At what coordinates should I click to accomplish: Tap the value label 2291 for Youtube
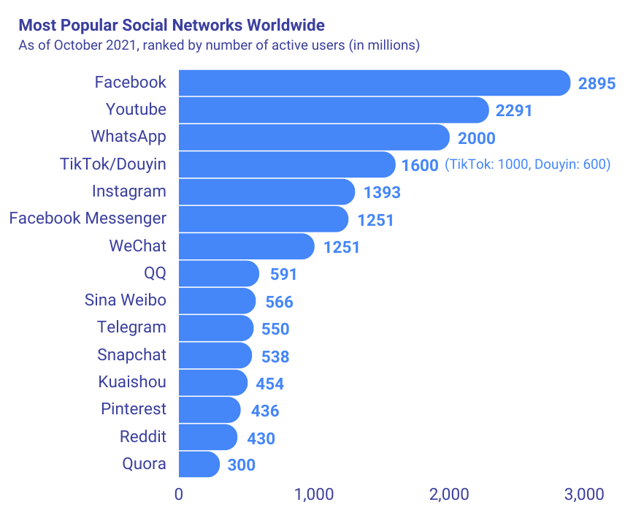(514, 111)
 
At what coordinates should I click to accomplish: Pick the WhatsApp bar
(314, 137)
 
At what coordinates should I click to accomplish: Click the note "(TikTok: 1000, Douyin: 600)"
(527, 164)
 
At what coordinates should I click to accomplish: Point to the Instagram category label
(129, 191)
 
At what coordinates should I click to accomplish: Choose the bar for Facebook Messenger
(263, 218)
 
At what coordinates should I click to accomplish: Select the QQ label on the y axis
(155, 273)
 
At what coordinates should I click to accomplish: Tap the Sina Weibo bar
(217, 300)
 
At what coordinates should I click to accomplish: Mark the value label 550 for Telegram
(275, 329)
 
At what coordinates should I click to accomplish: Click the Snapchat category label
(131, 355)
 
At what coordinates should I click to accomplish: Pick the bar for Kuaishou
(212, 382)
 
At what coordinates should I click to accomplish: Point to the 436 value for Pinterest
(265, 411)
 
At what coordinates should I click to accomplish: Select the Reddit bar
(207, 437)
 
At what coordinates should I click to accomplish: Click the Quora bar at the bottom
(199, 464)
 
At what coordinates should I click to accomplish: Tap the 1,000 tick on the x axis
(314, 495)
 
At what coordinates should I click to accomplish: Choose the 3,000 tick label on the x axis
(584, 495)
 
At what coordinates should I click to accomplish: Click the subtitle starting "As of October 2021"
(219, 45)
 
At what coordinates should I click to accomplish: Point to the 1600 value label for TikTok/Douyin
(420, 165)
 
